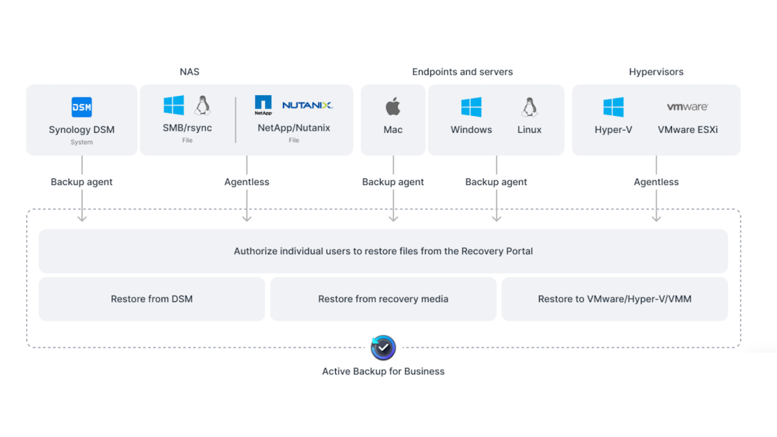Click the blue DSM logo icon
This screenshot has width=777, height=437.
(82, 107)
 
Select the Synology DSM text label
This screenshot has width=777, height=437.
(82, 130)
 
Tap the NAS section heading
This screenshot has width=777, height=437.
(189, 72)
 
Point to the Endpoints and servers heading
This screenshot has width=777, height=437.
(462, 72)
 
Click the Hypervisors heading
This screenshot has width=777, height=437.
(656, 72)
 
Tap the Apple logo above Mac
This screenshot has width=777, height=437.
(393, 107)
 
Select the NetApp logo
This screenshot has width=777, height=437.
(263, 105)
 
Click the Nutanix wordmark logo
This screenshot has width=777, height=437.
(308, 105)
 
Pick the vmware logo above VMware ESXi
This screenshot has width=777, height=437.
(687, 107)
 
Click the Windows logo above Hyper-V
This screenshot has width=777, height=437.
(614, 107)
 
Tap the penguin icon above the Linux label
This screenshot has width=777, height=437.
(529, 107)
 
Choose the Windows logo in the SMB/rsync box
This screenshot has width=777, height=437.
(174, 106)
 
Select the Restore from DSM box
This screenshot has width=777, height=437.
(152, 299)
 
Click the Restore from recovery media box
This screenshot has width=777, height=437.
(383, 299)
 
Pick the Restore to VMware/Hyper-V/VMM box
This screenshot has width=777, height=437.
(614, 299)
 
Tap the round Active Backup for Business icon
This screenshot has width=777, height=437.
(383, 348)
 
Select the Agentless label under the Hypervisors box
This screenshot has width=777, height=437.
(656, 182)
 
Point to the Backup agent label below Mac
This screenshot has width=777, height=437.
(393, 182)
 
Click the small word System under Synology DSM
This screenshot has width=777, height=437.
(82, 142)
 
